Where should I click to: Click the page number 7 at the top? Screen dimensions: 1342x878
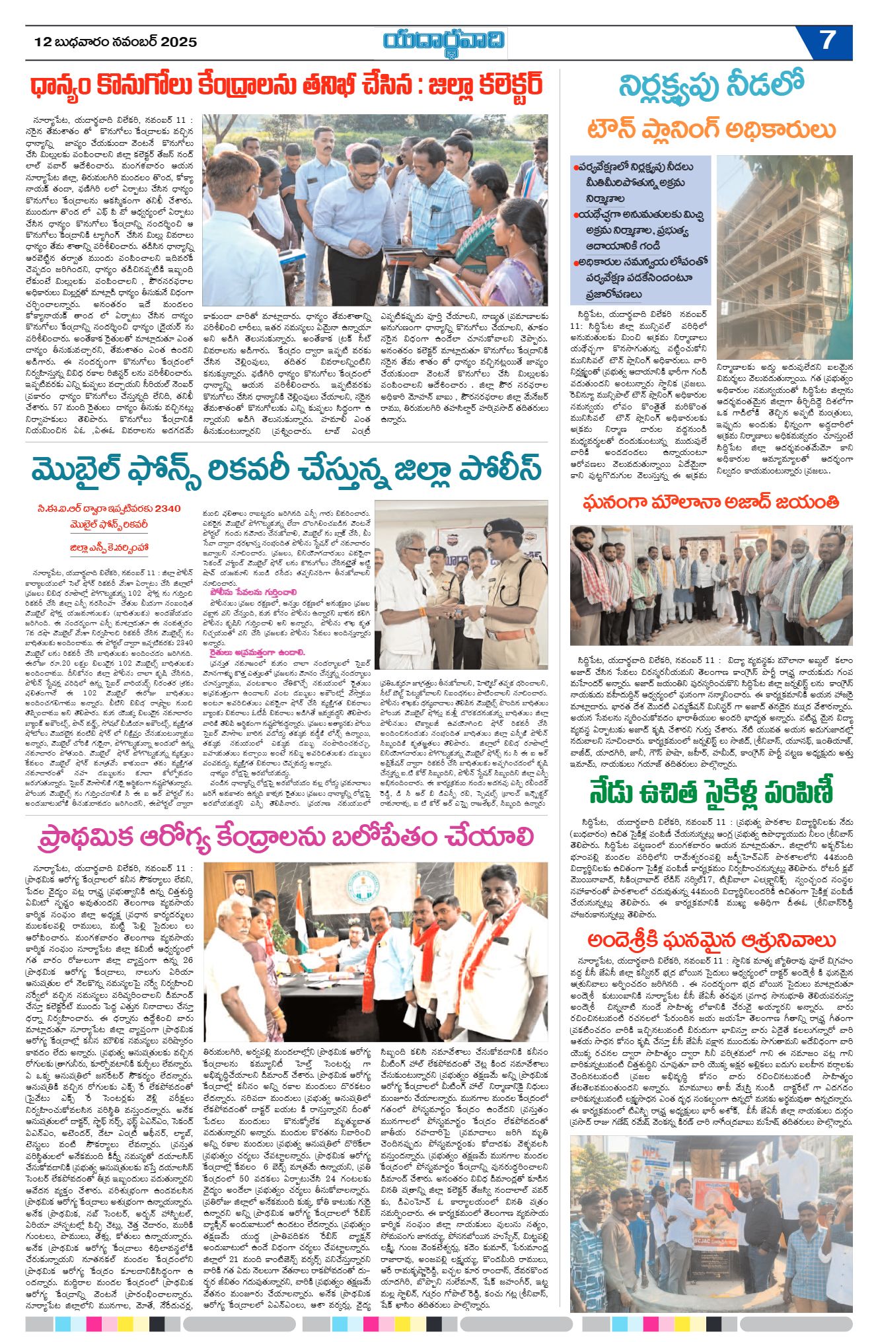pos(827,41)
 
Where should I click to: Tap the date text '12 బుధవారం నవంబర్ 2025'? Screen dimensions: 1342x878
pos(116,42)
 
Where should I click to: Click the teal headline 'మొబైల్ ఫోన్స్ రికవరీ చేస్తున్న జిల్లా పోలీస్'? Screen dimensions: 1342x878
pos(286,470)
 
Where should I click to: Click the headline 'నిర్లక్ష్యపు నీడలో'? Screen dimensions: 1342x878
pos(711,87)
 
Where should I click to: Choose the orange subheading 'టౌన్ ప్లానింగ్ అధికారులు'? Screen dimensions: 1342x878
pos(711,129)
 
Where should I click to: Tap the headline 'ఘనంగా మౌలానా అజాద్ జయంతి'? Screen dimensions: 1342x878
pos(711,503)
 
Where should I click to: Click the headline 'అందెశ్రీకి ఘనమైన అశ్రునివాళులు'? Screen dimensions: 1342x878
pos(711,940)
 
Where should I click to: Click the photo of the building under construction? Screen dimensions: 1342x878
pos(784,258)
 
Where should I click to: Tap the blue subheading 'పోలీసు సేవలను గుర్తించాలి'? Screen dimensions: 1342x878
pos(249,592)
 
